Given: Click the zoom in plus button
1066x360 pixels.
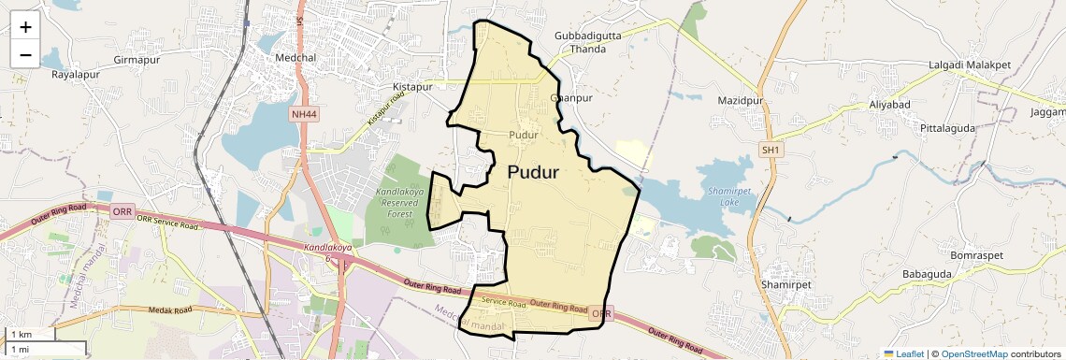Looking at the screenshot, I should tap(25, 27).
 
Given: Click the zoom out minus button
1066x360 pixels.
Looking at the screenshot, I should tap(25, 55).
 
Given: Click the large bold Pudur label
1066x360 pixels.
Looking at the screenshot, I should tap(533, 173).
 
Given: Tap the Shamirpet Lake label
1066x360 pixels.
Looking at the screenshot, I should tap(723, 195).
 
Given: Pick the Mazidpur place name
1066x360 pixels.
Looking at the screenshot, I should tap(741, 100).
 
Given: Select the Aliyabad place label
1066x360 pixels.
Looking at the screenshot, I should tap(889, 104).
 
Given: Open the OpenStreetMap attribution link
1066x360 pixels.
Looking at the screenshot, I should tap(974, 353).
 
